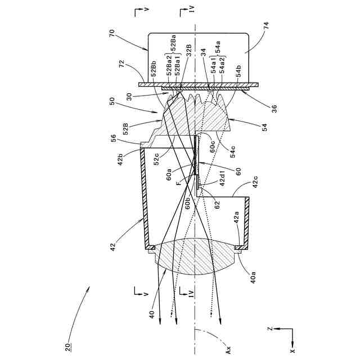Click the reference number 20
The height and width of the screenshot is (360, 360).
pyautogui.click(x=68, y=347)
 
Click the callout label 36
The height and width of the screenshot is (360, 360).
pyautogui.click(x=274, y=109)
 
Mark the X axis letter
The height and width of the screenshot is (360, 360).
pyautogui.click(x=292, y=350)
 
